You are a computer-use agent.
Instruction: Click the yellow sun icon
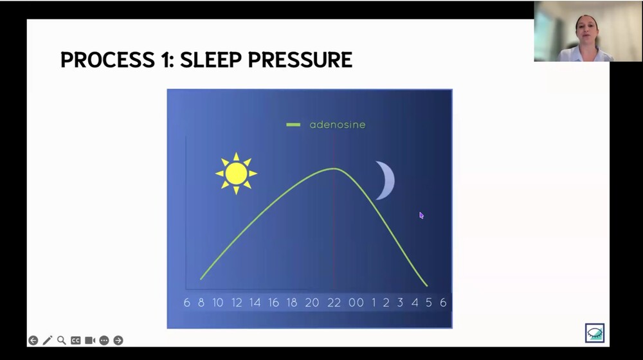[236, 174]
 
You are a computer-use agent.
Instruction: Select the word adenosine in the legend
[337, 125]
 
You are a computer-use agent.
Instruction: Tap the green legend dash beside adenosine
[293, 125]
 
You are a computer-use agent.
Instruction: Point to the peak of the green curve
[334, 168]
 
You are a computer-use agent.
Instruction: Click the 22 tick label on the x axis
[333, 303]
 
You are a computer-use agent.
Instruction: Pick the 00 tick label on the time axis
[356, 303]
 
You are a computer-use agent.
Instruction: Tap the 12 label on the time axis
[237, 303]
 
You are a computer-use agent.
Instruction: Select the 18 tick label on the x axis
[292, 303]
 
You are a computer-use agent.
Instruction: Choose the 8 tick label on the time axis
[201, 303]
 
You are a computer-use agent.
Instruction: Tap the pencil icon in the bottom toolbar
[48, 340]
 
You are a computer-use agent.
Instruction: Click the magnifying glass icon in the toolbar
[62, 340]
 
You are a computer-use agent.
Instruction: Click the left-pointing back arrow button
[33, 340]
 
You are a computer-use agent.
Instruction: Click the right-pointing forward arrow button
[118, 340]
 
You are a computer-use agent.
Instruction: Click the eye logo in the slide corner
[594, 332]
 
